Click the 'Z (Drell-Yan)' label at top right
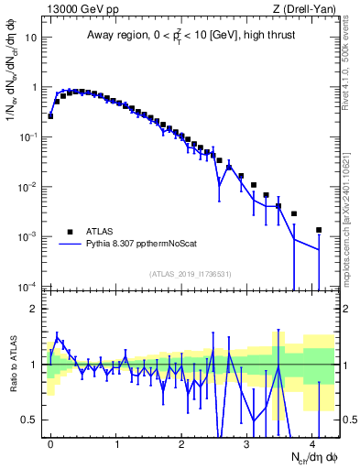coord(303,10)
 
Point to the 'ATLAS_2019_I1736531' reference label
coord(189,274)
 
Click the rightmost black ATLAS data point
coord(319,230)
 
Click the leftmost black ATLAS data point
coord(50,116)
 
